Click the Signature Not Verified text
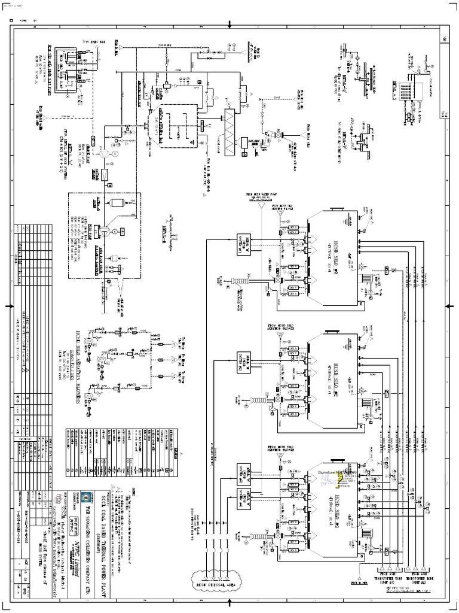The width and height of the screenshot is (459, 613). tap(338, 471)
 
